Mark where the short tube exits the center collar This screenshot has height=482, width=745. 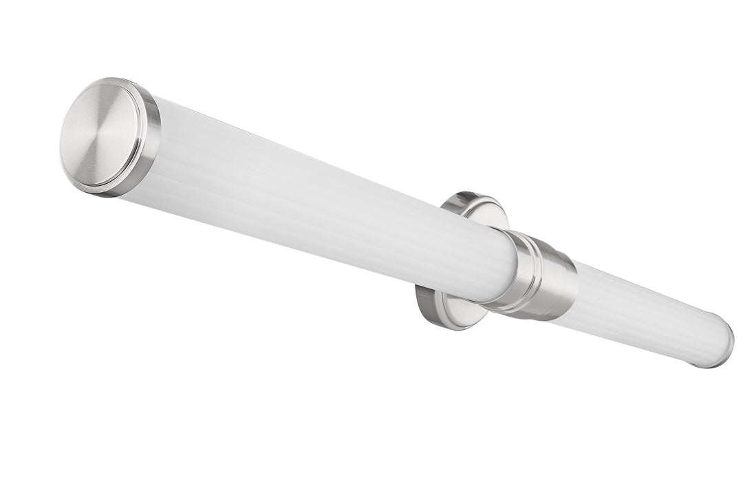coord(574,293)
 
